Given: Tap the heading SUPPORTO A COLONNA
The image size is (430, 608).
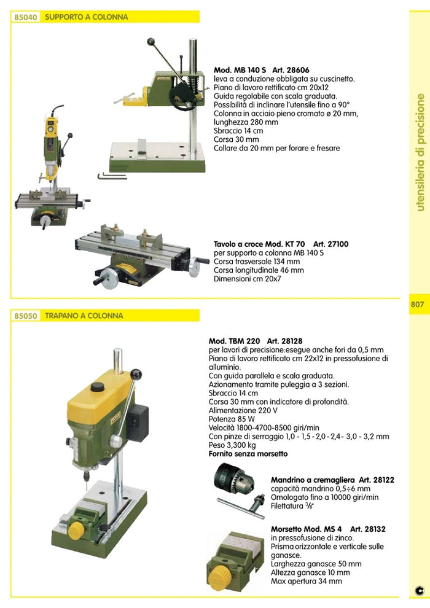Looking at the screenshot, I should point(87,17).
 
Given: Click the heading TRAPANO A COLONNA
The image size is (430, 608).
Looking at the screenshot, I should point(84,316).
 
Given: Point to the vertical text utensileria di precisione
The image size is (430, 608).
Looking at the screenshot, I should point(420,152).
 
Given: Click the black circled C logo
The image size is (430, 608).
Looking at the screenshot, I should point(420,590).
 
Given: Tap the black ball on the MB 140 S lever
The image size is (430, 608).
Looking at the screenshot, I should point(150,42).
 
